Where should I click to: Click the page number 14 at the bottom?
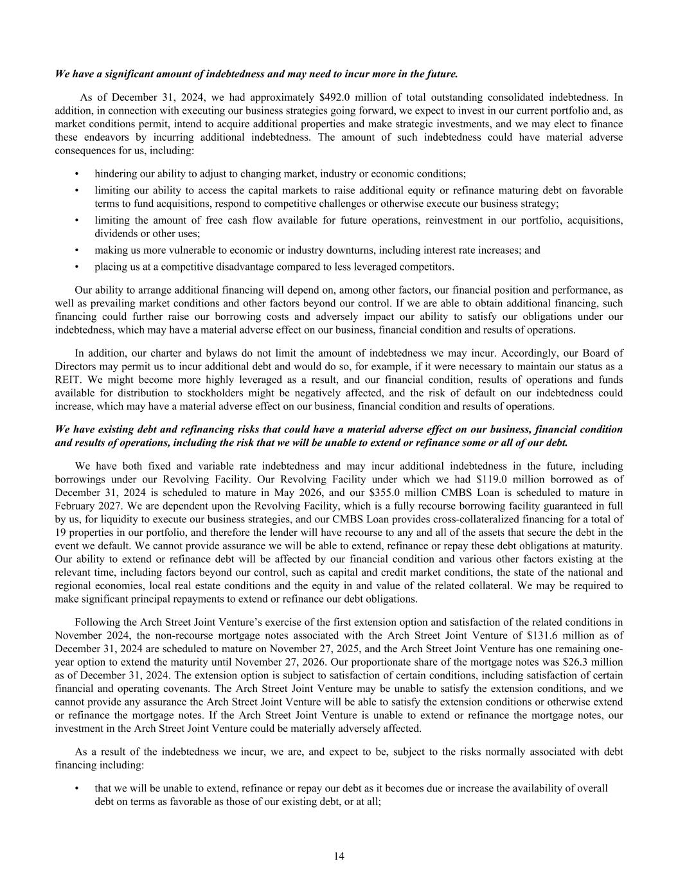tap(339, 855)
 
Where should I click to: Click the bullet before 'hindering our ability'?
tap(77, 174)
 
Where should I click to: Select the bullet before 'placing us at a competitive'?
tap(77, 267)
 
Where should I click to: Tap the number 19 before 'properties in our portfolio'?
tap(61, 532)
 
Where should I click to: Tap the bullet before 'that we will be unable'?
tap(77, 788)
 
